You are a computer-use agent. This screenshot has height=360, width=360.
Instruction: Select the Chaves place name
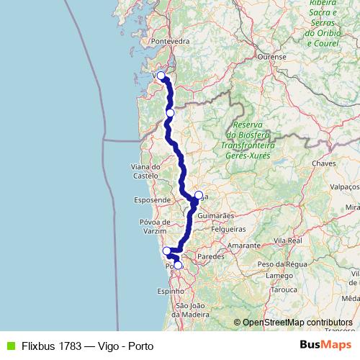coord(325,163)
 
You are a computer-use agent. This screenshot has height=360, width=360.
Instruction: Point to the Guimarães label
coord(215,215)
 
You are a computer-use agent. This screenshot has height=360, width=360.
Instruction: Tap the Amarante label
coord(244,246)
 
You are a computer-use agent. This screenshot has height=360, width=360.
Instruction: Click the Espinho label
coord(170,292)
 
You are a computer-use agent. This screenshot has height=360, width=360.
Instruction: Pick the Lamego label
coord(278,275)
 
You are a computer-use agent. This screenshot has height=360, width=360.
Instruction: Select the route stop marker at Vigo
coord(161,76)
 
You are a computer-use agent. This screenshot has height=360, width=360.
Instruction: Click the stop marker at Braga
coord(199,194)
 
